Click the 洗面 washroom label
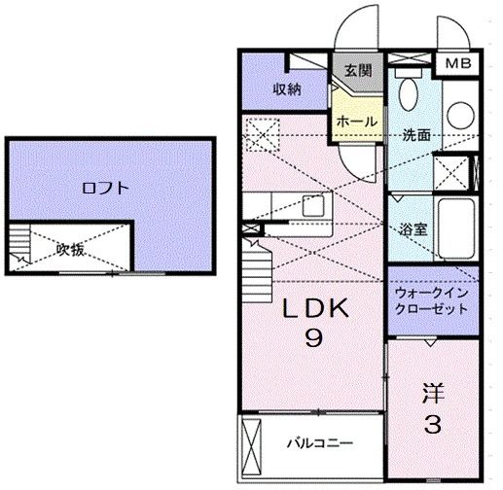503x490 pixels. (x=416, y=135)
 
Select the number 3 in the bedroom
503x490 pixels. (x=434, y=425)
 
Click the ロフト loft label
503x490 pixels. (x=104, y=189)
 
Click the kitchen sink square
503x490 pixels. (x=313, y=205)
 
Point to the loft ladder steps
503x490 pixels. (x=18, y=247)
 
